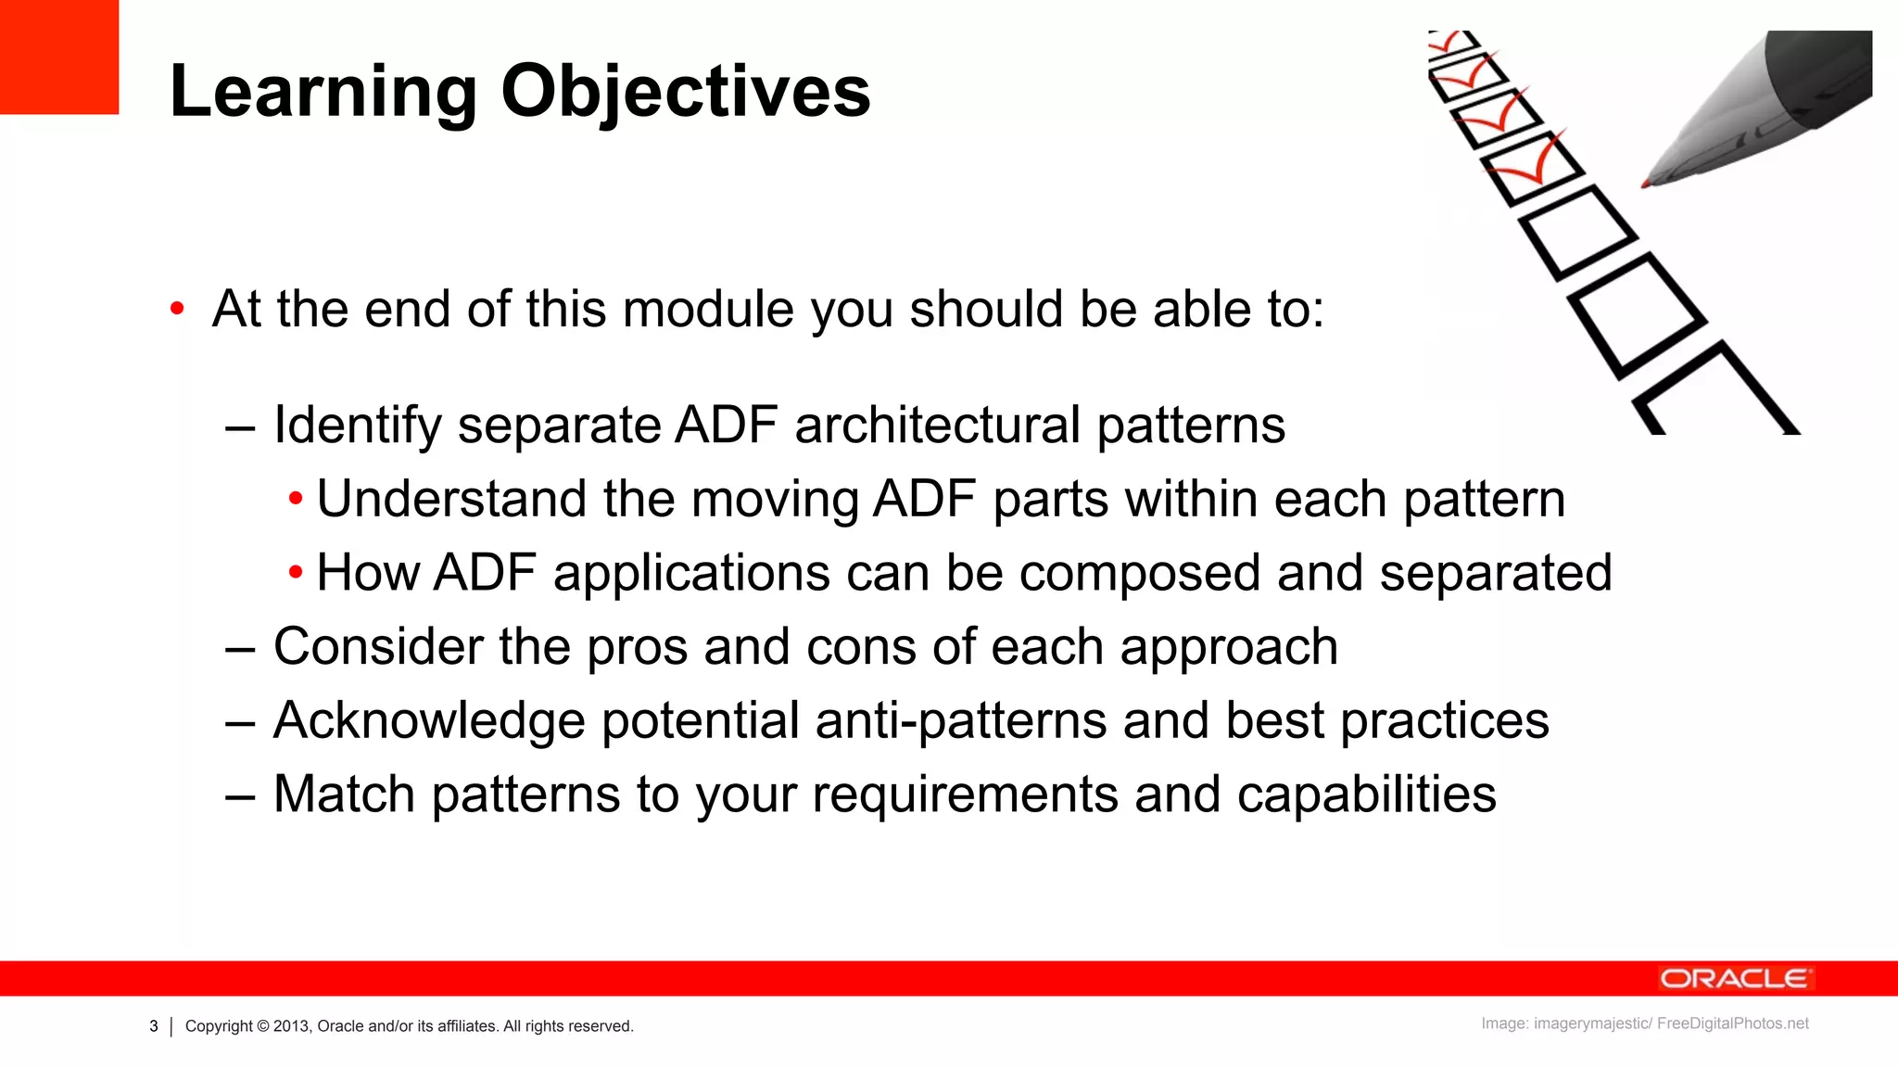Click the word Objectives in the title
(x=686, y=92)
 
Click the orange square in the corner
(x=58, y=57)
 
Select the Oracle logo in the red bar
(x=1735, y=979)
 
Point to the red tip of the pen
(x=1648, y=183)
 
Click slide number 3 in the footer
(x=154, y=1026)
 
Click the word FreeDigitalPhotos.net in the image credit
(x=1732, y=1023)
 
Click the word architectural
(x=937, y=426)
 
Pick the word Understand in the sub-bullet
(x=452, y=499)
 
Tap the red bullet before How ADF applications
(x=296, y=573)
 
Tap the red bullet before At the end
(x=177, y=310)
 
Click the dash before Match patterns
(x=240, y=795)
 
